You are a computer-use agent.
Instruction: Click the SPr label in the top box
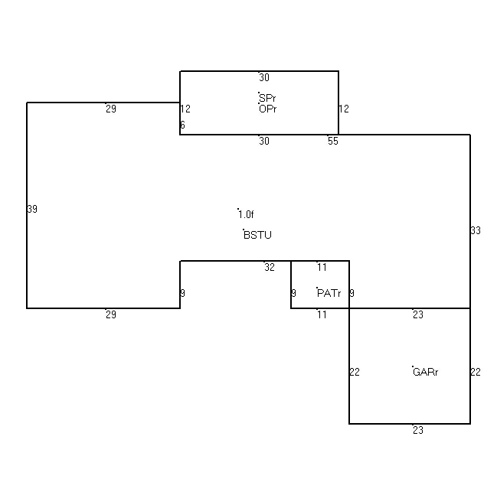pyautogui.click(x=267, y=98)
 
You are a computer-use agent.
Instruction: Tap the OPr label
pyautogui.click(x=267, y=109)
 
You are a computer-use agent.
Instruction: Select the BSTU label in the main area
pyautogui.click(x=257, y=235)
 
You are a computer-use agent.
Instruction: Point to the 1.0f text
pyautogui.click(x=246, y=214)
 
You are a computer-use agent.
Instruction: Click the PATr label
pyautogui.click(x=329, y=293)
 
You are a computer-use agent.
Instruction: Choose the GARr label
pyautogui.click(x=425, y=372)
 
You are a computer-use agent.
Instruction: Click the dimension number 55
pyautogui.click(x=333, y=141)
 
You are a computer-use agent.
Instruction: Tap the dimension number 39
pyautogui.click(x=32, y=209)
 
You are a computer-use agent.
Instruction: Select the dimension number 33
pyautogui.click(x=476, y=230)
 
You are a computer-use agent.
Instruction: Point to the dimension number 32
pyautogui.click(x=270, y=267)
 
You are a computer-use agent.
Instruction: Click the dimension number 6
pyautogui.click(x=182, y=125)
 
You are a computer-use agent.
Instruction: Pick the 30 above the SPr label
pyautogui.click(x=264, y=77)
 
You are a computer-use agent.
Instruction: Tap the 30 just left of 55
pyautogui.click(x=264, y=141)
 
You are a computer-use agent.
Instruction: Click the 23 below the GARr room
pyautogui.click(x=418, y=430)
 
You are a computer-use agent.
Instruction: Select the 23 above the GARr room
pyautogui.click(x=418, y=314)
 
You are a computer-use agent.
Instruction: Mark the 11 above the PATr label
pyautogui.click(x=322, y=267)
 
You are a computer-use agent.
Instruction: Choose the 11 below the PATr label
pyautogui.click(x=322, y=314)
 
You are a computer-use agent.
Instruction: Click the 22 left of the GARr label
pyautogui.click(x=355, y=372)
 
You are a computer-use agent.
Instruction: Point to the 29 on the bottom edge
pyautogui.click(x=111, y=314)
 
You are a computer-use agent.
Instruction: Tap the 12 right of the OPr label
pyautogui.click(x=344, y=109)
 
